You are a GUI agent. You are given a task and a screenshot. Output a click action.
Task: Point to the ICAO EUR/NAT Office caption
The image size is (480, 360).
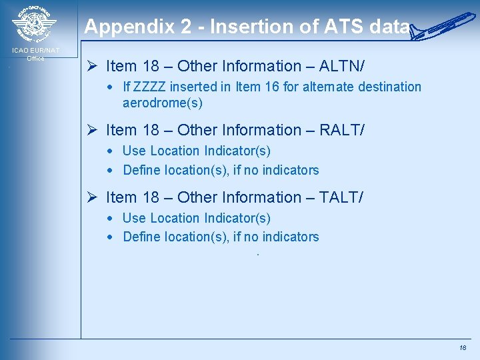[35, 54]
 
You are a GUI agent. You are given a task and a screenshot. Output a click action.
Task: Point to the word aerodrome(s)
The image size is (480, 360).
[163, 103]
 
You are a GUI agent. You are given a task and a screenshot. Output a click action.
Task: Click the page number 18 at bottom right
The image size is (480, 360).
[463, 348]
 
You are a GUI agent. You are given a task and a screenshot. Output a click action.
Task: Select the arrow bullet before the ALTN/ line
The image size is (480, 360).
[93, 66]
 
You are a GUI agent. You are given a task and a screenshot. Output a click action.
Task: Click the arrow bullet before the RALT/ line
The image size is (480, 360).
[93, 130]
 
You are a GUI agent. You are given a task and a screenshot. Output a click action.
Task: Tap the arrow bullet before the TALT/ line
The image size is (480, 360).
[93, 197]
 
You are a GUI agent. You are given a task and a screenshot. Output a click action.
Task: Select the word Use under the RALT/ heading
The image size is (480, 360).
[134, 151]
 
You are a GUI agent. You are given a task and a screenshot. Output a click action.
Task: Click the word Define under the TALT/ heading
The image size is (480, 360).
[142, 237]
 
